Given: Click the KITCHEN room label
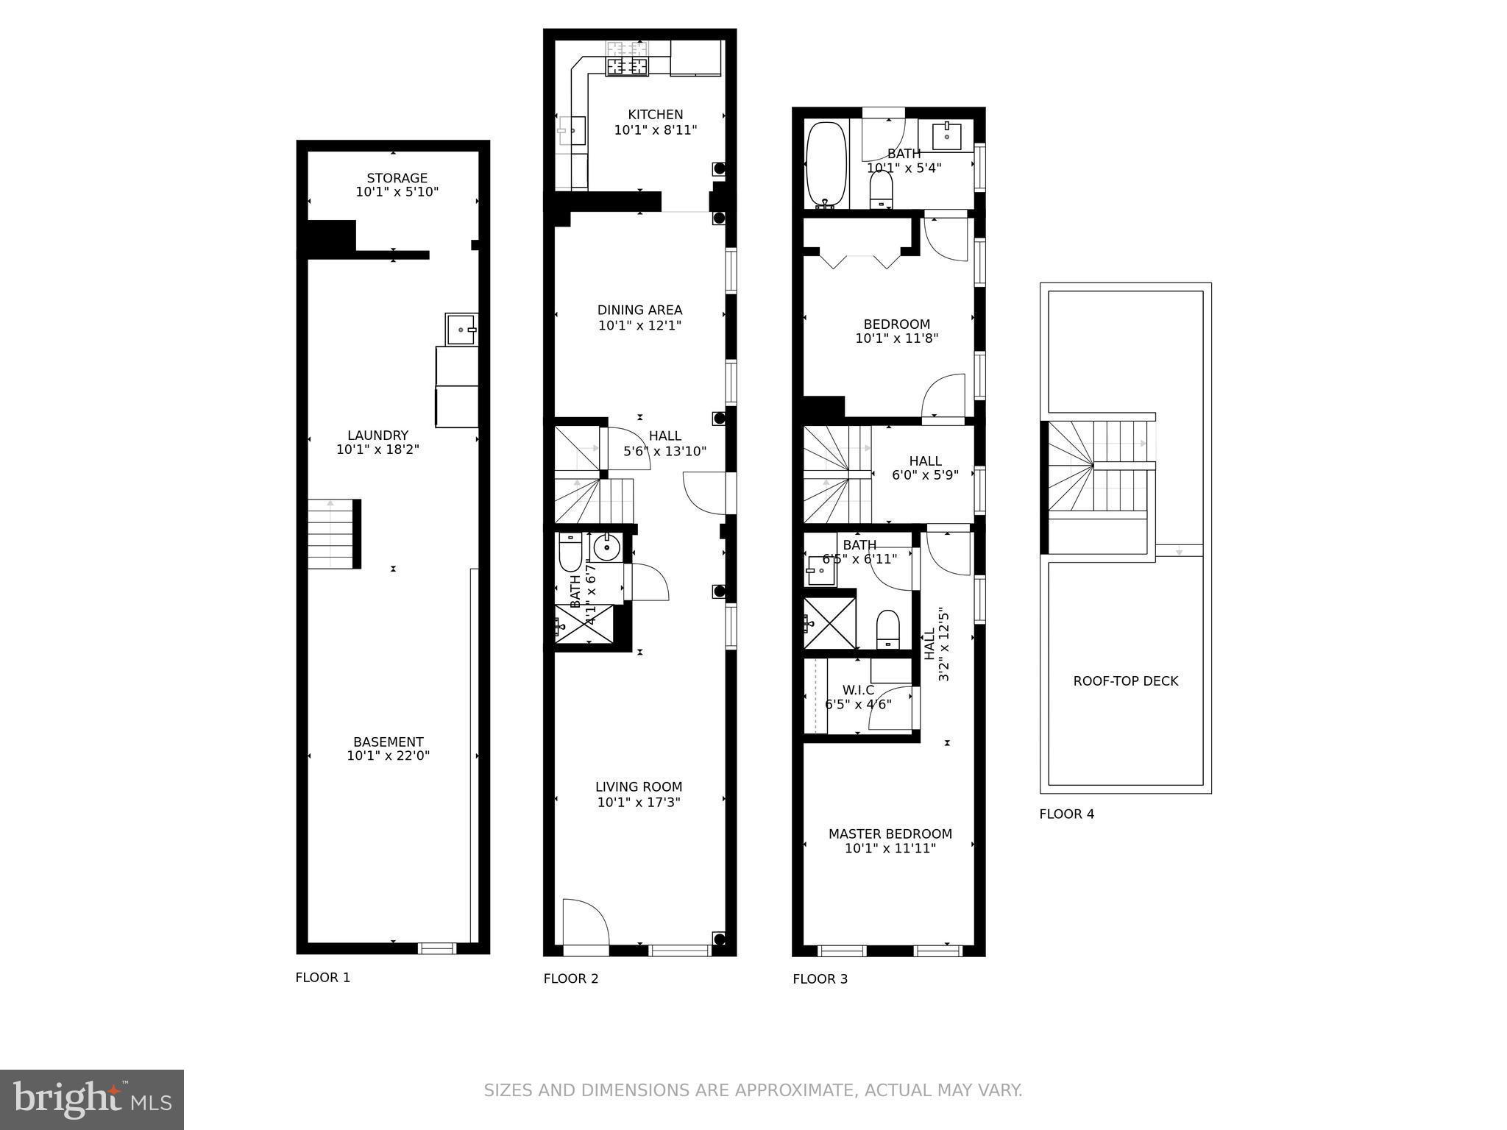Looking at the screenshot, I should pos(655,115).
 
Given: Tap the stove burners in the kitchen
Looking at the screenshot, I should pos(627,65).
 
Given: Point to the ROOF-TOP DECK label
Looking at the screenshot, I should pos(1125,681).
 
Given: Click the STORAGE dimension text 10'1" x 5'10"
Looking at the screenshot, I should pos(397,192).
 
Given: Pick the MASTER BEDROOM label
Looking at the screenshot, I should pos(890,834).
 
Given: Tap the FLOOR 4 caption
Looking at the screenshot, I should pos(1066,814).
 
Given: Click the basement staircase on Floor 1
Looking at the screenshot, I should pos(332,533).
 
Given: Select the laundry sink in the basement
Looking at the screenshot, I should pos(461,329).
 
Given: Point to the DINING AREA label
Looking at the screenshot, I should pos(639,310).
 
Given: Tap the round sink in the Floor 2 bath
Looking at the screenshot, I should pos(607,547).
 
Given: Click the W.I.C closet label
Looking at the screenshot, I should pos(858,690).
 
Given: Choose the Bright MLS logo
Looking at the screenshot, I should pos(92,1099).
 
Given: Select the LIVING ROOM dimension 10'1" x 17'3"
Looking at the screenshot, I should pos(638,802).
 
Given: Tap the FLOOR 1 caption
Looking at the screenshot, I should pos(322,978).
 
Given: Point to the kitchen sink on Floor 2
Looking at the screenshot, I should pos(572,131).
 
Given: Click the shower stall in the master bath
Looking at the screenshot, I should pos(829,623).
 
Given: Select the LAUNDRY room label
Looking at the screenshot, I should pos(377,435).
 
